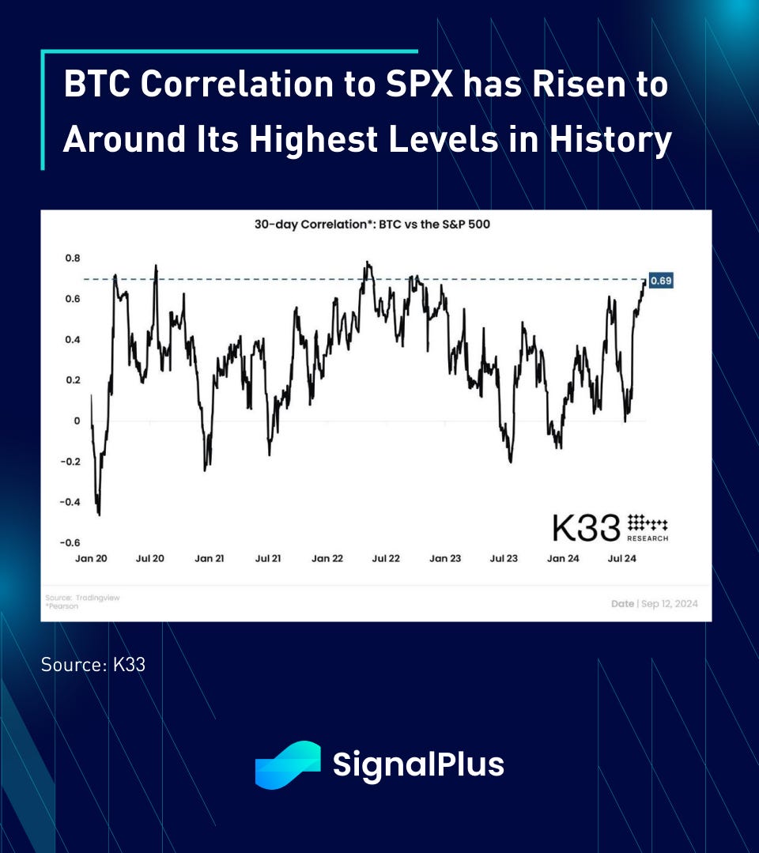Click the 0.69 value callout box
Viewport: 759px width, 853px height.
tap(660, 281)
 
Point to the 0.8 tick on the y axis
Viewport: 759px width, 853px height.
tap(72, 258)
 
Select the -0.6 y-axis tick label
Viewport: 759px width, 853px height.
tap(70, 542)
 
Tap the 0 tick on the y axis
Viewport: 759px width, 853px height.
tap(77, 421)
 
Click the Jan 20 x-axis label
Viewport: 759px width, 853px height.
tap(92, 558)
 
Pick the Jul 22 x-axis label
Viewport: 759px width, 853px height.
tap(385, 558)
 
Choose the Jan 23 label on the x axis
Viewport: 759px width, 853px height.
tap(444, 558)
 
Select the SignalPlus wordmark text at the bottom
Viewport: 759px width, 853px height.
tap(418, 764)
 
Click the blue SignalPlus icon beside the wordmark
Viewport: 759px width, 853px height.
tap(287, 764)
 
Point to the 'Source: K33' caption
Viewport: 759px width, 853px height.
tap(93, 664)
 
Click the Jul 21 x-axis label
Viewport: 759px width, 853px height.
tap(268, 558)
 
